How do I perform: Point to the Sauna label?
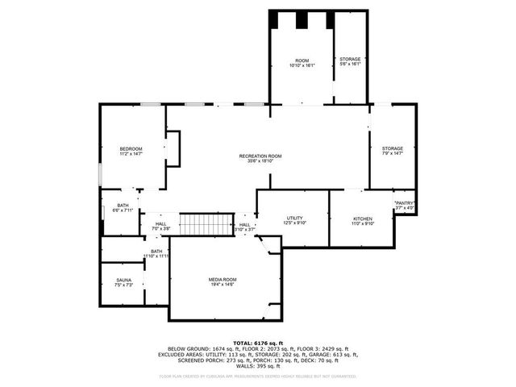tap(123, 282)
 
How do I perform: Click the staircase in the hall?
tap(206, 224)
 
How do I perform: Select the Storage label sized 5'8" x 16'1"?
tap(350, 61)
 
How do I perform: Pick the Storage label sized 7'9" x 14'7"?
tap(392, 151)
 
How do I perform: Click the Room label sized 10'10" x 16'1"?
tap(302, 63)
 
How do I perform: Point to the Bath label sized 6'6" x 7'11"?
tap(123, 207)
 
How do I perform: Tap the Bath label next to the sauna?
tap(156, 253)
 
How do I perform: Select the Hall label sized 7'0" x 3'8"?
tap(160, 227)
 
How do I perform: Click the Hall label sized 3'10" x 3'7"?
tap(244, 227)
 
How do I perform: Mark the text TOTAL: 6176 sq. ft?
tap(258, 342)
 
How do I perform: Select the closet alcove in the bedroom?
tap(173, 148)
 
